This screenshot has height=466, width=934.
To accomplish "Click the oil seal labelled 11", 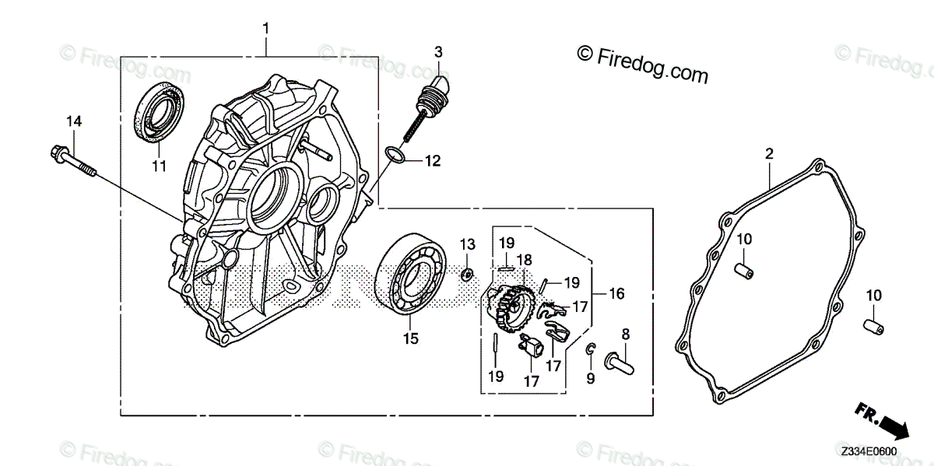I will click(162, 114).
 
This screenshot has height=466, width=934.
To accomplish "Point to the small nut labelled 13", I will click(467, 273).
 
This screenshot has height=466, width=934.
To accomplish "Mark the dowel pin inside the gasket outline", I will click(744, 268).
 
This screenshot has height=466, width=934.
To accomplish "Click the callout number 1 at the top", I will click(265, 29).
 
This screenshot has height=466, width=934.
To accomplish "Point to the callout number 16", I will click(616, 293).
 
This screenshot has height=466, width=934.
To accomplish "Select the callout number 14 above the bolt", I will click(73, 121).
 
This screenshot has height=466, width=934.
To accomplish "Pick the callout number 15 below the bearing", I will click(410, 338).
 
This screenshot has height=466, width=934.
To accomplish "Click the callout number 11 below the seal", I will click(159, 165).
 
